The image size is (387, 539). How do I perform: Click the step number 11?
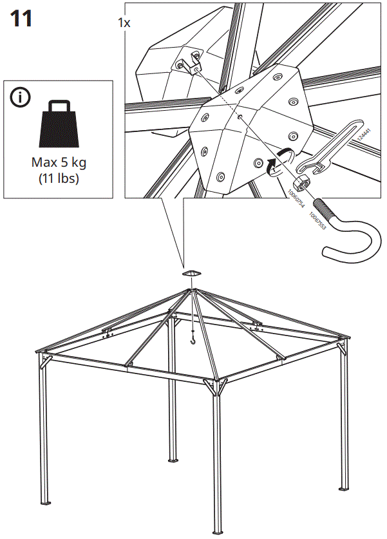21,19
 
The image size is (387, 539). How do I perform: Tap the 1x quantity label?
124,23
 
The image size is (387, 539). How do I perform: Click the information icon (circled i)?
21,98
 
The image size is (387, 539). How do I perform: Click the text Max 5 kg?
59,163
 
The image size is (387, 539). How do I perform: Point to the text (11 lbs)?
59,178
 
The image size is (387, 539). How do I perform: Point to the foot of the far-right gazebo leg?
343,487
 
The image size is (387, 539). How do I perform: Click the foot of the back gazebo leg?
173,460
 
